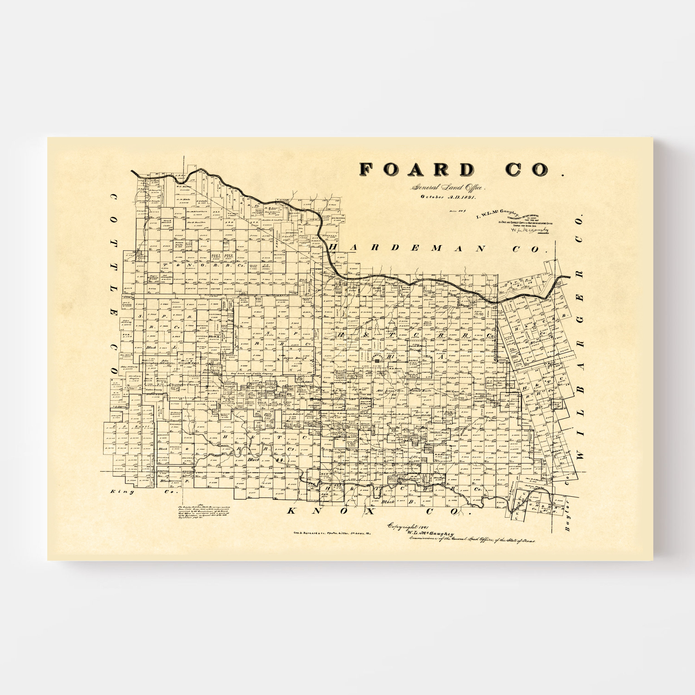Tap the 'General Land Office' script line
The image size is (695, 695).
pos(449,188)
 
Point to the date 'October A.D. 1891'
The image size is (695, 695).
pos(448,197)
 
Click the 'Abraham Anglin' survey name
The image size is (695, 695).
pos(133,377)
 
